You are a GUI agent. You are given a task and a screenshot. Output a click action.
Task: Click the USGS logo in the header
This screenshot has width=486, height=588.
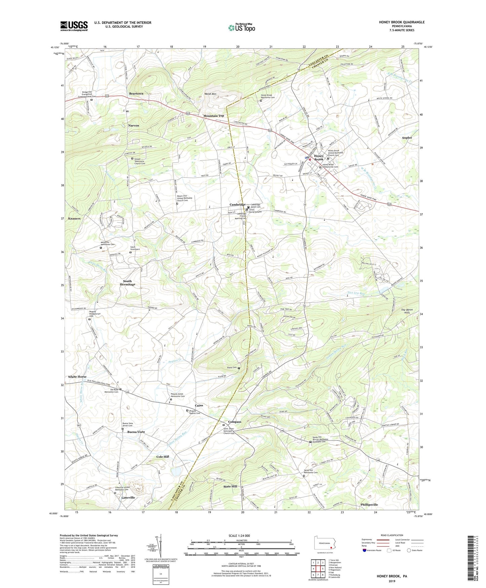(x=74, y=26)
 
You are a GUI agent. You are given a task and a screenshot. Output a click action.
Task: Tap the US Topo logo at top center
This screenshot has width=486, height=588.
(x=241, y=28)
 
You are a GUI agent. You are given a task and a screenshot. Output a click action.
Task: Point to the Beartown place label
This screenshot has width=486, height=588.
(x=136, y=94)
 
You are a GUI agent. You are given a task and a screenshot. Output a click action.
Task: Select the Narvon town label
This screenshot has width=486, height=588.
(x=134, y=125)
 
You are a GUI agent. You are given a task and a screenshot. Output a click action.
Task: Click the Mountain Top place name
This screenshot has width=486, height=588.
(x=213, y=116)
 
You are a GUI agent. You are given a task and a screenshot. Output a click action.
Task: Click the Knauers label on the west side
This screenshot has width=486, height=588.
(x=74, y=219)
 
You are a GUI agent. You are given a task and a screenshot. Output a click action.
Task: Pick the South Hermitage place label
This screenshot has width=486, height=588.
(x=127, y=283)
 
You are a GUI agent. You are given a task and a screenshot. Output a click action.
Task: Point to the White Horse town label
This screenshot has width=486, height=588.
(x=77, y=377)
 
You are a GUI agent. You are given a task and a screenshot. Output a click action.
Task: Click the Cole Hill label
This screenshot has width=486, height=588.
(x=163, y=457)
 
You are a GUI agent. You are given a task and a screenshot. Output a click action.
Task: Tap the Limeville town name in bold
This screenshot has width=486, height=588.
(x=128, y=497)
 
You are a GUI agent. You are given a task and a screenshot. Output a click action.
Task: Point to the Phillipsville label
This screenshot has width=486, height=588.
(x=369, y=504)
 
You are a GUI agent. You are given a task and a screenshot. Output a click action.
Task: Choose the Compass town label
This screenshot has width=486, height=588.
(x=234, y=422)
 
